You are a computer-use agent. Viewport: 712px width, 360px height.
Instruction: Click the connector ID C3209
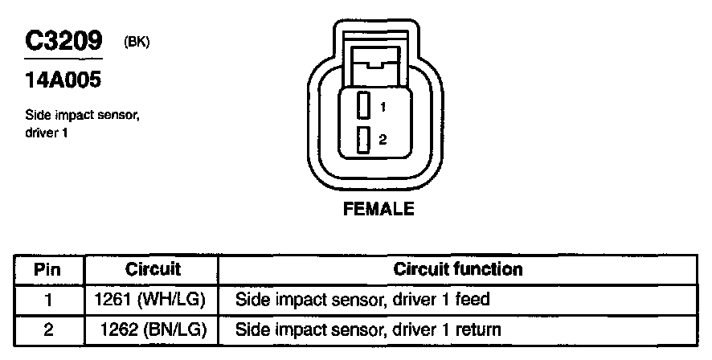pos(63,41)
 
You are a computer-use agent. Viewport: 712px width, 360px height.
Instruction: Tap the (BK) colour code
pos(137,42)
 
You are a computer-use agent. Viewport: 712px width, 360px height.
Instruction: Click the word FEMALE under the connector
pos(379,210)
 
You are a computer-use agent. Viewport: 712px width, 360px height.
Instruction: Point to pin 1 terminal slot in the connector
pos(362,107)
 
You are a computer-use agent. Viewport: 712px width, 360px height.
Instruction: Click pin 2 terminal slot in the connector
pos(362,139)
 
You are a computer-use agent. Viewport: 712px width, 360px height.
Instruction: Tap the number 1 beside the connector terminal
pos(383,107)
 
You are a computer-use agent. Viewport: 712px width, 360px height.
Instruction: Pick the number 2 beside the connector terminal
pos(383,139)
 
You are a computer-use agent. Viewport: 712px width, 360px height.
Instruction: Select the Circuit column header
pos(153,269)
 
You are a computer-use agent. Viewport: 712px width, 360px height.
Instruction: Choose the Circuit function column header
pos(458,269)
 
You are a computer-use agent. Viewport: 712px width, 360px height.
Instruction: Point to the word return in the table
pos(481,329)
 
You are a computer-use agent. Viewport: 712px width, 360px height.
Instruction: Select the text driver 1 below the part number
pos(46,132)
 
